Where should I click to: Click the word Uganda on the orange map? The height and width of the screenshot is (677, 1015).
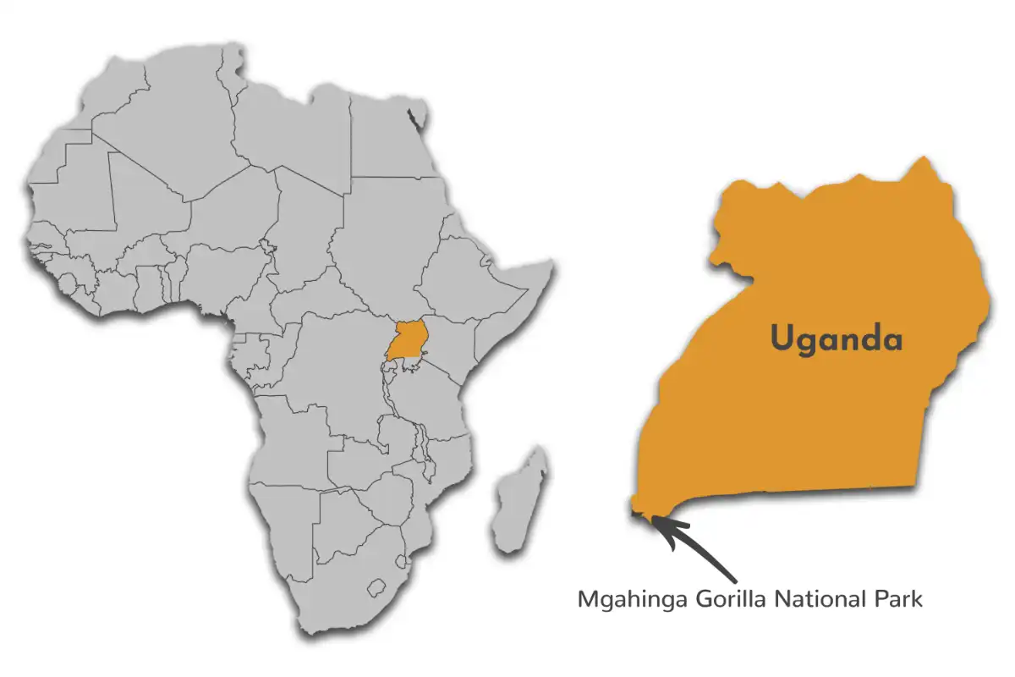(x=836, y=339)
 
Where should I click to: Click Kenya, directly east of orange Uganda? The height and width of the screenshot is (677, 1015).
(x=448, y=347)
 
